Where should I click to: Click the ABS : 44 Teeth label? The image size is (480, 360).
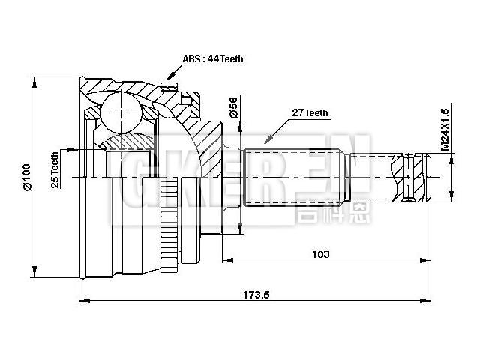(212, 59)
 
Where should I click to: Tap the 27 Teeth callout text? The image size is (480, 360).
(309, 113)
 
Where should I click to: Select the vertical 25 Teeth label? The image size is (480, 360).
(55, 170)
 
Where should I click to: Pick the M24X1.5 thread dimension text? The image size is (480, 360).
(445, 127)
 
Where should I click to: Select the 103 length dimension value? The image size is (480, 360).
(320, 254)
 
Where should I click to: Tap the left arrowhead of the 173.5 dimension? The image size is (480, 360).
(83, 301)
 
